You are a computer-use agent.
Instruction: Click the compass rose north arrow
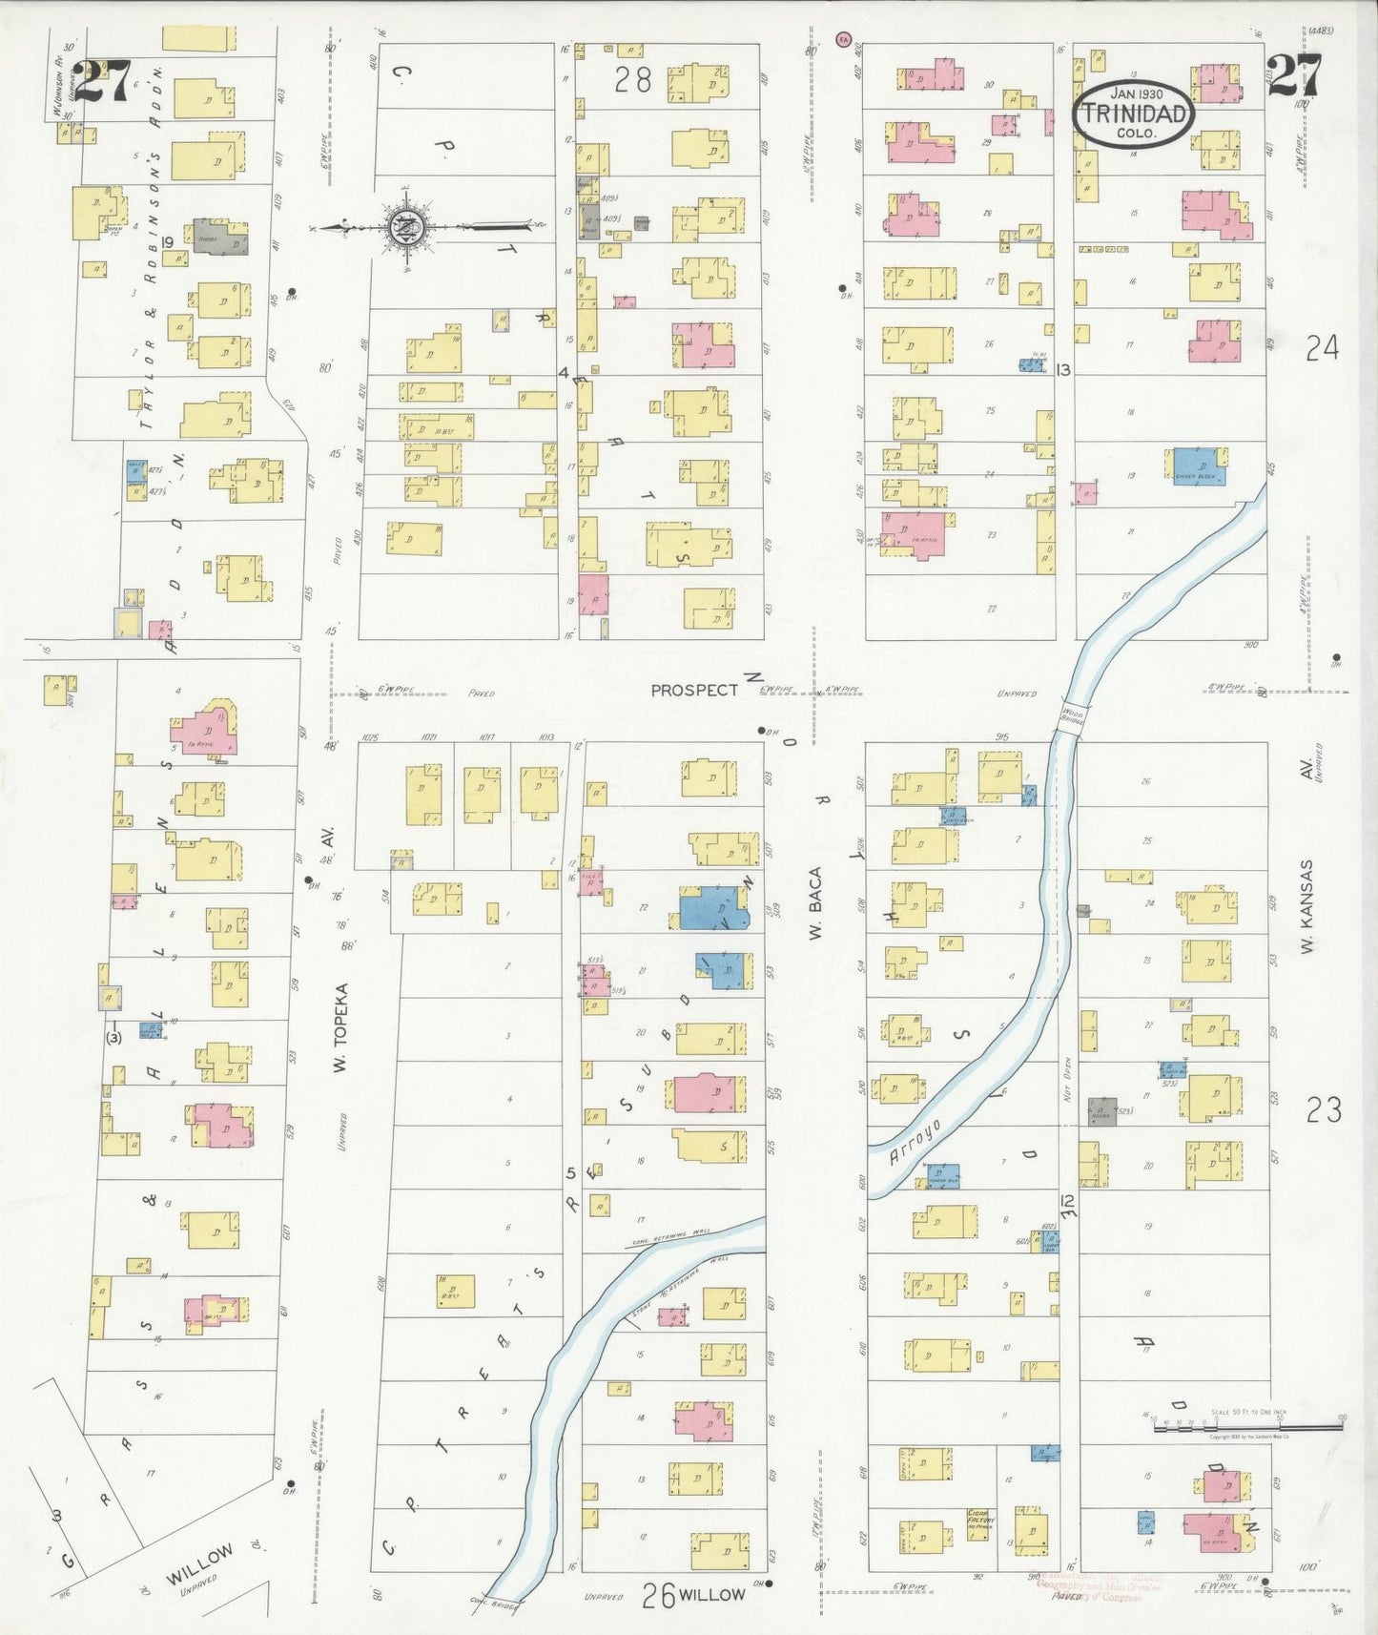pyautogui.click(x=405, y=227)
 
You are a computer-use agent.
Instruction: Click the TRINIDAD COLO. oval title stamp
pyautogui.click(x=1134, y=114)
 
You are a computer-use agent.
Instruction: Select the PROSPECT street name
pyautogui.click(x=694, y=690)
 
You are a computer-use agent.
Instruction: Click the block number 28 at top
pyautogui.click(x=632, y=80)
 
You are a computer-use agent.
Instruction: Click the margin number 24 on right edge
pyautogui.click(x=1322, y=349)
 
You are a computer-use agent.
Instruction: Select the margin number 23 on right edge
pyautogui.click(x=1323, y=1109)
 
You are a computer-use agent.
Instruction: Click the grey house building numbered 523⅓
pyautogui.click(x=1102, y=1111)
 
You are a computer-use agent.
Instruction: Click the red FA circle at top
pyautogui.click(x=841, y=39)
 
